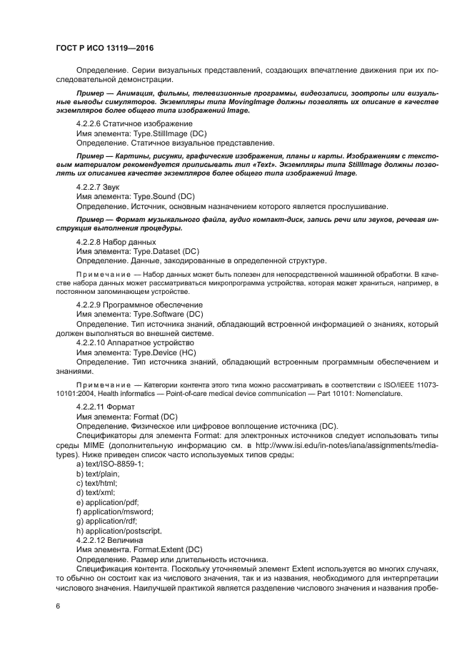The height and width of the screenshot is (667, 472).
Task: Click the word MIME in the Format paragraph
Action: pos(89,444)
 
